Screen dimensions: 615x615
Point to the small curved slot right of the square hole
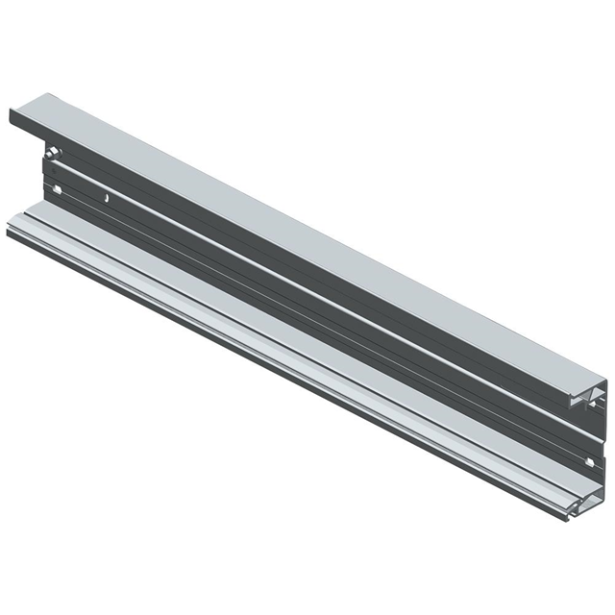(107, 199)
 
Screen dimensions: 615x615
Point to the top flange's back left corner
(46, 94)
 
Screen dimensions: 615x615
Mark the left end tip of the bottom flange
(9, 231)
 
